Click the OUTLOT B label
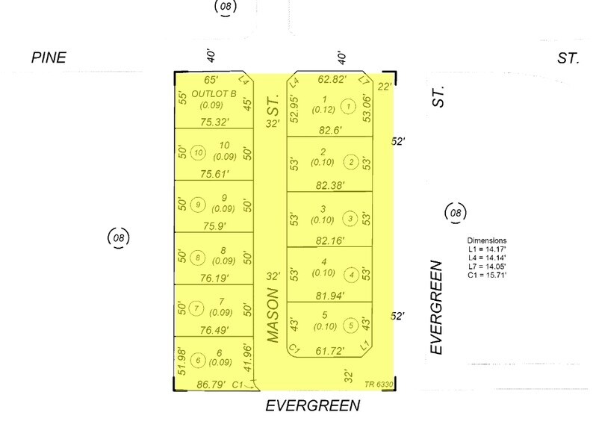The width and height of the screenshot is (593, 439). click(x=214, y=93)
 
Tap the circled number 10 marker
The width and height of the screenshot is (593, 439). click(x=198, y=153)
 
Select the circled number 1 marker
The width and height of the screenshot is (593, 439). click(x=348, y=106)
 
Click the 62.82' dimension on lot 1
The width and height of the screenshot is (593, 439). click(x=332, y=79)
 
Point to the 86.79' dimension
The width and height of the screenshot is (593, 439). click(x=211, y=384)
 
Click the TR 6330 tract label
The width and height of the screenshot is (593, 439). click(x=379, y=384)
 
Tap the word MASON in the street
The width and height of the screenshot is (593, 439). click(x=273, y=315)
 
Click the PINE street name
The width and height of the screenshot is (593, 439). click(x=49, y=57)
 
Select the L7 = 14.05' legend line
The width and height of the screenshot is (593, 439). click(x=487, y=267)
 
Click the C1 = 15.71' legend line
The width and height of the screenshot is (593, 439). click(x=487, y=275)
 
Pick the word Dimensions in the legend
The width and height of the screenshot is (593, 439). click(x=487, y=240)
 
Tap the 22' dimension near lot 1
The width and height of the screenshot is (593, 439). click(x=384, y=87)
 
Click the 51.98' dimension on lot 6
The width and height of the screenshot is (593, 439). click(x=182, y=362)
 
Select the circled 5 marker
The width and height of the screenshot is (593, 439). click(x=351, y=326)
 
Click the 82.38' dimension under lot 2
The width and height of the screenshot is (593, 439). click(x=330, y=185)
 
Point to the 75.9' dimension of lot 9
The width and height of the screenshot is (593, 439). click(x=214, y=225)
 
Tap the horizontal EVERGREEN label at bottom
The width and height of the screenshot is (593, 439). click(x=313, y=405)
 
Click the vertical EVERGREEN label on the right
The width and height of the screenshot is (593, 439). click(x=436, y=307)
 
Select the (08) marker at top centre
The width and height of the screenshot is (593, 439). click(x=226, y=7)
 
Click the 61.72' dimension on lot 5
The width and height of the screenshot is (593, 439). click(x=330, y=352)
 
